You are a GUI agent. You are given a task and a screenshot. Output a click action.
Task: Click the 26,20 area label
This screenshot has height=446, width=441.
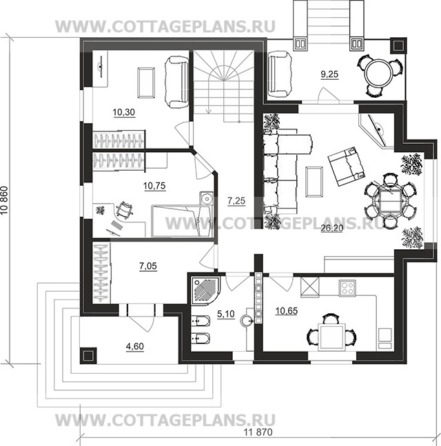(331, 228)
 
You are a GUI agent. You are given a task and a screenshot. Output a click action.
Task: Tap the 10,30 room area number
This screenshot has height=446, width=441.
(124, 112)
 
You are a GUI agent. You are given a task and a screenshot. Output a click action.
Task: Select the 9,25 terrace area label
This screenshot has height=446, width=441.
(329, 74)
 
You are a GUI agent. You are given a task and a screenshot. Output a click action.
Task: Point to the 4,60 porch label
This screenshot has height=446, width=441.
(134, 346)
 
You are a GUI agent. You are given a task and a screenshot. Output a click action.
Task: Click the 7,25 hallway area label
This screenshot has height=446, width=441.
(236, 201)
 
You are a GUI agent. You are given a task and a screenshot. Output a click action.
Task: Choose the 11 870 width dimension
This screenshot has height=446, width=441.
(258, 432)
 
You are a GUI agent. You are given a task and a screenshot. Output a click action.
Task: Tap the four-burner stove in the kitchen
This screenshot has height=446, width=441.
(347, 288)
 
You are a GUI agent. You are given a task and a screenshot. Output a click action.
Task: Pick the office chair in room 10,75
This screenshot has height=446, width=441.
(124, 210)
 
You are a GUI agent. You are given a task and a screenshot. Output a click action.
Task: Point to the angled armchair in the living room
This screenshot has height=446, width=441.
(346, 166)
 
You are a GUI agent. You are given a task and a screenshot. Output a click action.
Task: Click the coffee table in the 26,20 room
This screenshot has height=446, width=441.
(314, 182)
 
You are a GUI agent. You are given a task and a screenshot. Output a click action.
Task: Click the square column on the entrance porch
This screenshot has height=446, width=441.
(88, 355)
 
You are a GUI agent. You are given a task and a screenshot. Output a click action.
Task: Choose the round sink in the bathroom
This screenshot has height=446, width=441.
(247, 320)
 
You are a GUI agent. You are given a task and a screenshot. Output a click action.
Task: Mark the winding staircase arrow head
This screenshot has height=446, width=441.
(209, 111)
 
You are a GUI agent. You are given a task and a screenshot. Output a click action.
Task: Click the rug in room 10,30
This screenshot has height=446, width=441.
(146, 83)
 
